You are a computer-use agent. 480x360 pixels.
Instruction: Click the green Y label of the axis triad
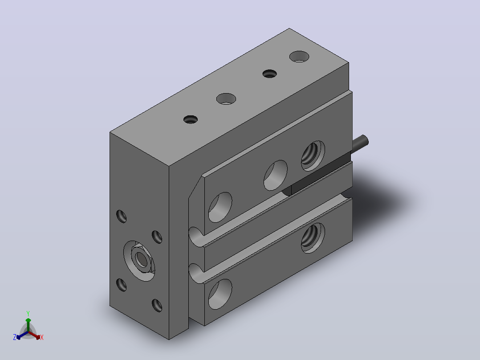click(28, 313)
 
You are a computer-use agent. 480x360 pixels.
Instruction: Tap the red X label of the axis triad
click(42, 337)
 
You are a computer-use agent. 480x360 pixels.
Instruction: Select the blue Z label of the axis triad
click(15, 337)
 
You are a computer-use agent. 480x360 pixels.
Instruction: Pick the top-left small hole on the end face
click(122, 216)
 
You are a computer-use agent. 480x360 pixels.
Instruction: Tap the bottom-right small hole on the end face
click(157, 306)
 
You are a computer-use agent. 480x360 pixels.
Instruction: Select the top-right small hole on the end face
click(157, 237)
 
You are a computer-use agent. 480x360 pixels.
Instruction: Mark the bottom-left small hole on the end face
click(122, 285)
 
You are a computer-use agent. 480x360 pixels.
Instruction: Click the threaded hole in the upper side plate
click(313, 156)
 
